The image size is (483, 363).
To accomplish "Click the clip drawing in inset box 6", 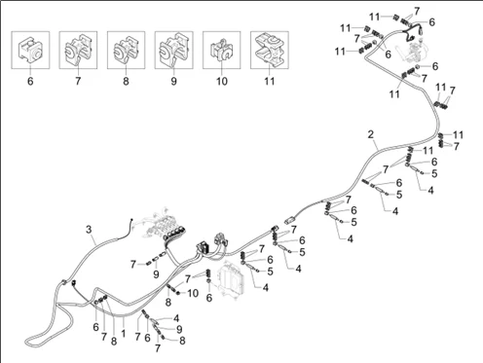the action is click(x=30, y=50).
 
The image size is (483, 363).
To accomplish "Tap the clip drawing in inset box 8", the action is click(x=126, y=50).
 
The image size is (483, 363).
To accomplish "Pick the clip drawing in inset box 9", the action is click(x=173, y=50).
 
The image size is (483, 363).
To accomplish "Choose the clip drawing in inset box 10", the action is click(x=222, y=51).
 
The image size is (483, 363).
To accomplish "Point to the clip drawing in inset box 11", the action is click(x=270, y=50).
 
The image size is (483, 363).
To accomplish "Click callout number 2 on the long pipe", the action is click(x=371, y=134).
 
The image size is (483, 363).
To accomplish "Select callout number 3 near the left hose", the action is click(x=89, y=230).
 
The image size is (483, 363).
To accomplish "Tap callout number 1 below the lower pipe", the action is click(x=124, y=334).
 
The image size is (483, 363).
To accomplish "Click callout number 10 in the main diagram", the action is click(x=193, y=293).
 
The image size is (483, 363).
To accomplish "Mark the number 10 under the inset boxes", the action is click(x=222, y=81).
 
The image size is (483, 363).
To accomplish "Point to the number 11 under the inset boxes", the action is click(x=270, y=81).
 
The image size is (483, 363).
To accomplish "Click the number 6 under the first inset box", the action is click(x=30, y=81).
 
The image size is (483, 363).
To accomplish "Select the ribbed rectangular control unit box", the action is click(x=231, y=277).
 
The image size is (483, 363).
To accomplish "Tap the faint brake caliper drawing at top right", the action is click(x=412, y=49).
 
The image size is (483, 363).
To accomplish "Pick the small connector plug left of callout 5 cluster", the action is click(x=290, y=221).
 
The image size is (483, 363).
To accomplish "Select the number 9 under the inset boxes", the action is click(x=173, y=81).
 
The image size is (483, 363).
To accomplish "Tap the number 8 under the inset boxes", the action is click(x=126, y=81).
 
